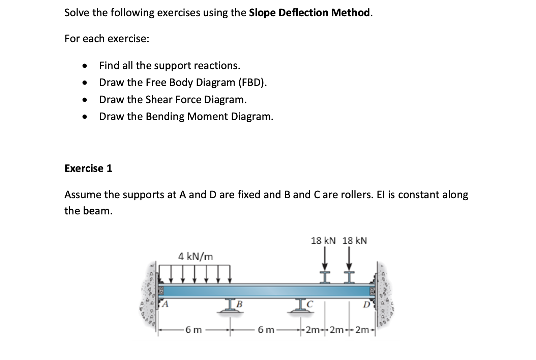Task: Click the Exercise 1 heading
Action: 88,168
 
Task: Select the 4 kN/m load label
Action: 196,257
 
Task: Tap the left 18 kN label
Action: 323,241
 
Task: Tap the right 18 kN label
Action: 355,241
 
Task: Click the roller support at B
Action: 230,309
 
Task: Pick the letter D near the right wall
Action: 366,305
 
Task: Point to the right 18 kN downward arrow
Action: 349,260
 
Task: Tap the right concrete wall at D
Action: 384,297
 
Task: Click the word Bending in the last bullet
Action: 165,117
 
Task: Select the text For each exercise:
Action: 107,39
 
